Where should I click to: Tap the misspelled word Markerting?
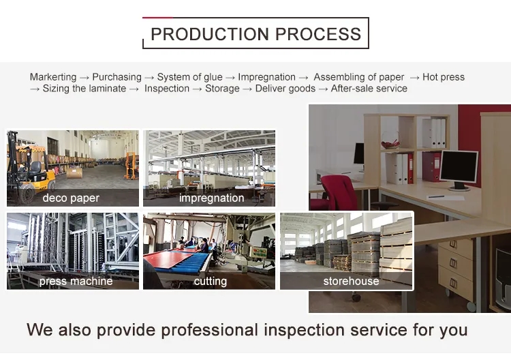click(x=53, y=77)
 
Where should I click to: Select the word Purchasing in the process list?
click(x=117, y=77)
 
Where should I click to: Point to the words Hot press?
click(x=444, y=77)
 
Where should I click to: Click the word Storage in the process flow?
click(x=222, y=89)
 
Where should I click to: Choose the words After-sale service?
click(x=369, y=89)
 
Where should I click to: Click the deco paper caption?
click(x=71, y=198)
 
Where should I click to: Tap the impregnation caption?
click(x=211, y=198)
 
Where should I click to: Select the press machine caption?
click(x=76, y=281)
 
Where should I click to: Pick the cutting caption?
click(x=210, y=281)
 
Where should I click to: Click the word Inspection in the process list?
click(x=167, y=89)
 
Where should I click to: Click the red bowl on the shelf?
click(x=390, y=145)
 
